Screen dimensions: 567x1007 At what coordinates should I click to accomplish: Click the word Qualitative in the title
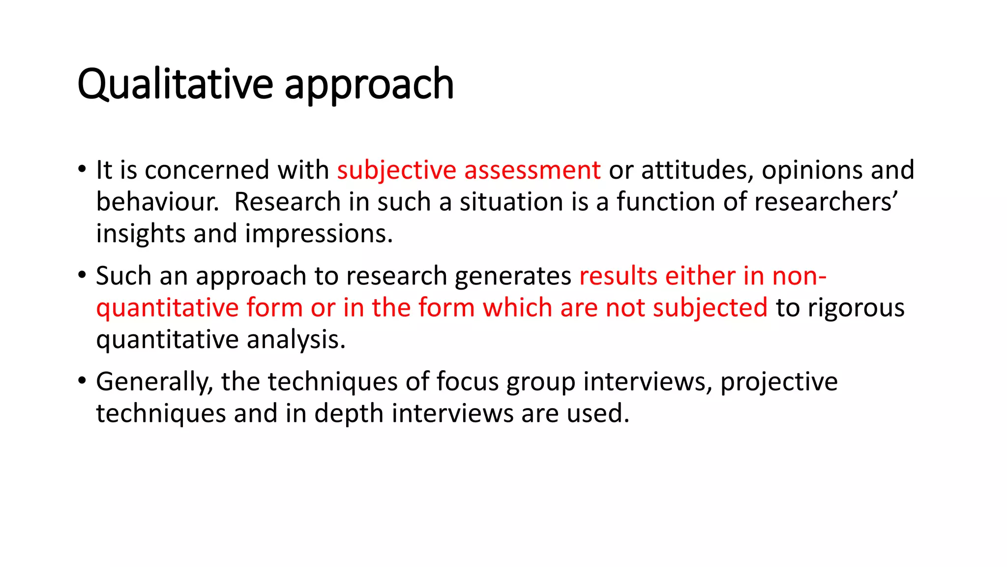[175, 85]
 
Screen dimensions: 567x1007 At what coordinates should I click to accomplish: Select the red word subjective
[396, 170]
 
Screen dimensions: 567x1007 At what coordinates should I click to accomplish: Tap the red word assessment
[532, 170]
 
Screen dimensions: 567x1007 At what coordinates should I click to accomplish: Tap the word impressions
[319, 234]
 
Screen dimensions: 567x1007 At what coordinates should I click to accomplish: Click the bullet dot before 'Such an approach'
[82, 275]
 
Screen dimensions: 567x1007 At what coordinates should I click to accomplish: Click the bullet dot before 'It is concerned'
[82, 169]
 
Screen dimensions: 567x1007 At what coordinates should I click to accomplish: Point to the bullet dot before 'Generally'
[82, 380]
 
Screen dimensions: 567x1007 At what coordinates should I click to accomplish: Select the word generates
[513, 276]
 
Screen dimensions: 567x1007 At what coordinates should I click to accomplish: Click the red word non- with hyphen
[799, 276]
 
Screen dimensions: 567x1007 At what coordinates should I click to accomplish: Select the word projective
[779, 382]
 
